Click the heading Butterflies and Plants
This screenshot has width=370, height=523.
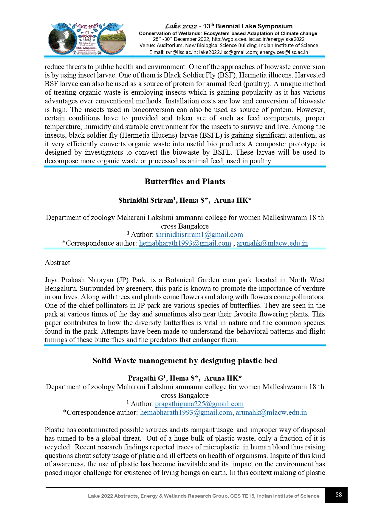[185, 181]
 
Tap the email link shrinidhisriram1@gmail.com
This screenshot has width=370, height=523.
[199, 235]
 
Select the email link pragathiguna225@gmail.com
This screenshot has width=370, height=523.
[199, 404]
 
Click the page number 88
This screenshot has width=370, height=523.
[338, 495]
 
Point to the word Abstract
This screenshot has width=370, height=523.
[57, 263]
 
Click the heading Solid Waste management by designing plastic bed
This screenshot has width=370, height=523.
[185, 361]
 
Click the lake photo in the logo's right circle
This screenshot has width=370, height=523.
[112, 40]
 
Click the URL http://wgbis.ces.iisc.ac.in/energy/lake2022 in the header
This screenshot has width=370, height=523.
[258, 39]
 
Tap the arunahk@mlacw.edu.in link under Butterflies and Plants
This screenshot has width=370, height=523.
[272, 243]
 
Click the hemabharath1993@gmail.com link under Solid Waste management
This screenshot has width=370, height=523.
[186, 412]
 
